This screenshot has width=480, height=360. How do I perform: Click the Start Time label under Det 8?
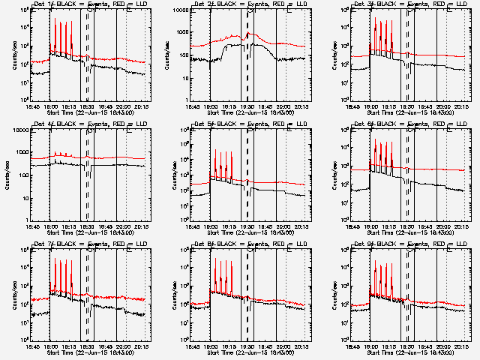tap(249, 351)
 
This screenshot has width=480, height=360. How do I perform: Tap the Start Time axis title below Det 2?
tap(249, 111)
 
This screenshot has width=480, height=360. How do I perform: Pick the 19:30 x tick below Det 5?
tap(247, 226)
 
